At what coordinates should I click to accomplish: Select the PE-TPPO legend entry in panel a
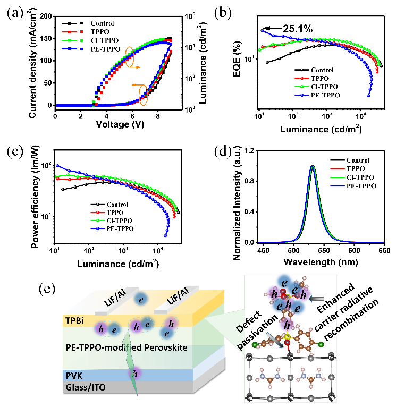pos(106,49)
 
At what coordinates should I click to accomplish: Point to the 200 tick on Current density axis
pos(47,16)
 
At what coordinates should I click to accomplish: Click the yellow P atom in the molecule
pos(287,337)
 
